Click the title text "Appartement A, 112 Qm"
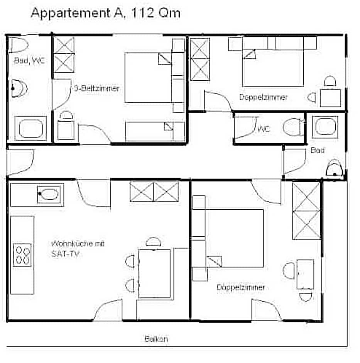[x=105, y=13]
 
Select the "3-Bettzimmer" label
[x=96, y=88]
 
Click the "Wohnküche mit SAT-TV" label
[x=78, y=249]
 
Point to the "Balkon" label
[x=156, y=339]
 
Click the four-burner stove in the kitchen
[x=22, y=255]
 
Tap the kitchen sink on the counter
[x=49, y=194]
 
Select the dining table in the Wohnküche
[x=154, y=273]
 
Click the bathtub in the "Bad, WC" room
[x=30, y=128]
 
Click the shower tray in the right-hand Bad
[x=325, y=127]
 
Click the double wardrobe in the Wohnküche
[x=154, y=192]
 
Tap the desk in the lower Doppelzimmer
[x=305, y=274]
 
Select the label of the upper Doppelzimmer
[x=263, y=97]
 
